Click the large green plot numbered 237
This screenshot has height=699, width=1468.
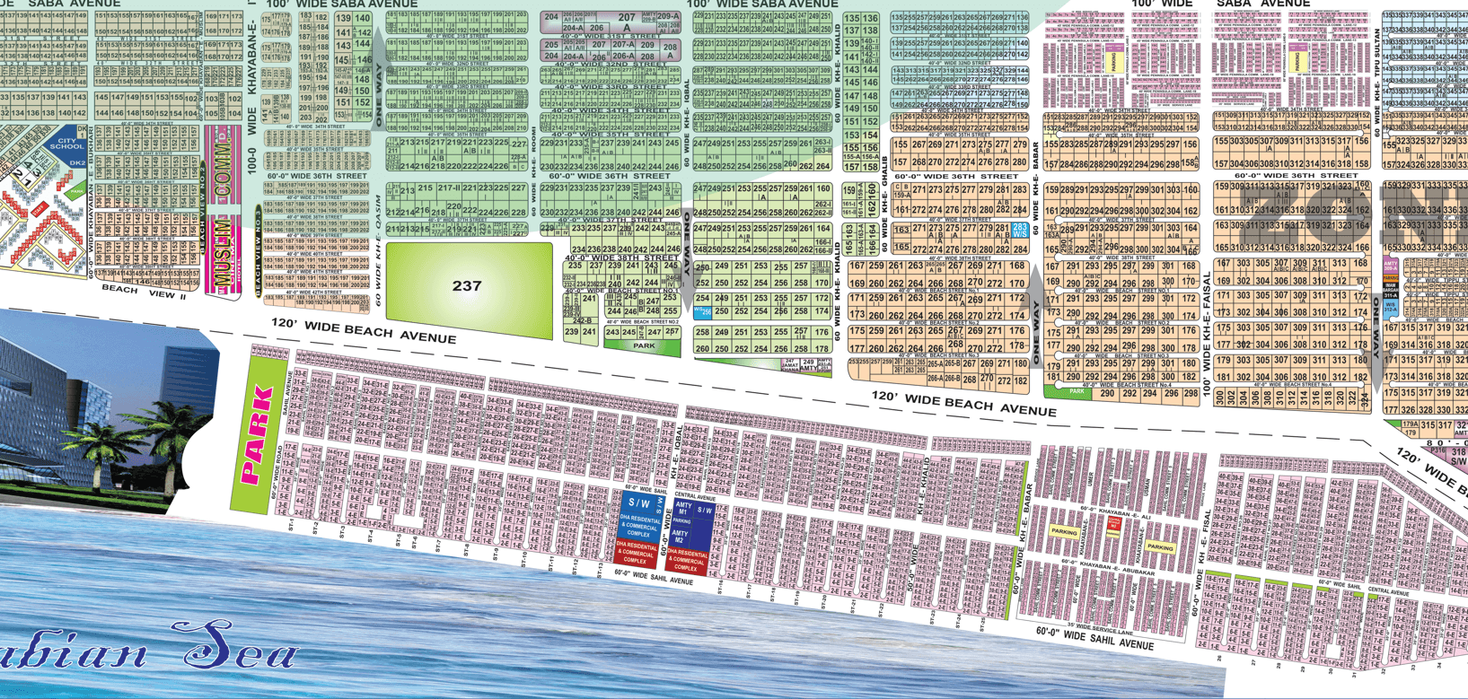[x=467, y=286]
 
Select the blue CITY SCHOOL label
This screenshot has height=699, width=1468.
[x=66, y=144]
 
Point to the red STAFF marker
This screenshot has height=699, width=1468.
[x=40, y=209]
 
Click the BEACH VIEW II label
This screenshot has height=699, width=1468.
[x=144, y=293]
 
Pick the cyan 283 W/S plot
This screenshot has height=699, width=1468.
[x=1020, y=231]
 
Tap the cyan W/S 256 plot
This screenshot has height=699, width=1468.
[x=702, y=312]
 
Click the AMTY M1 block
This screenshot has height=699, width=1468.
[x=682, y=509]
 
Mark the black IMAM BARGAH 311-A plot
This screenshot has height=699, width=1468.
[x=1390, y=289]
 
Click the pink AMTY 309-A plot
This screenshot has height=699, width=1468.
[x=1391, y=266]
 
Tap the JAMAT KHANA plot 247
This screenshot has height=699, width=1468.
[x=789, y=365]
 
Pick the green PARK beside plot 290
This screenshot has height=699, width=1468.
[x=1076, y=392]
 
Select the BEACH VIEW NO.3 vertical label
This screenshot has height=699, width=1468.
[x=259, y=251]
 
